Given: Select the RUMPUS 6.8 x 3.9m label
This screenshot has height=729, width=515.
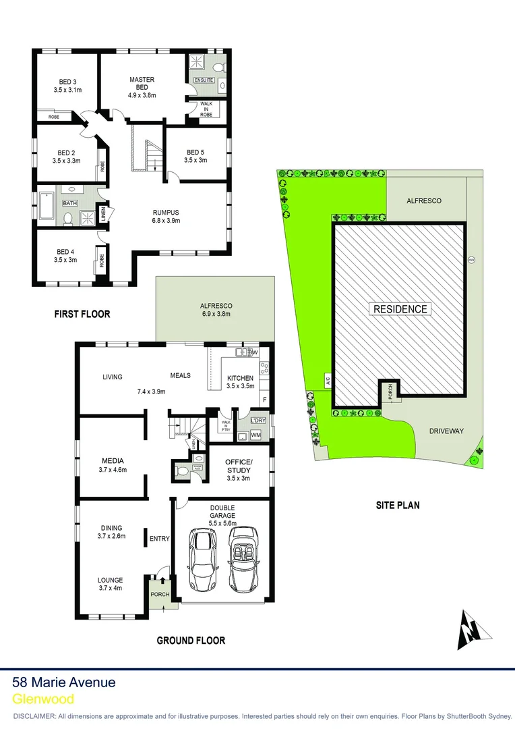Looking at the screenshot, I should [x=166, y=215].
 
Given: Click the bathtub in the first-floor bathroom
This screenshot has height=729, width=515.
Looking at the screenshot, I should [x=47, y=207].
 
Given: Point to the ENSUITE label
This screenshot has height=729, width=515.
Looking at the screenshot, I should [x=204, y=80].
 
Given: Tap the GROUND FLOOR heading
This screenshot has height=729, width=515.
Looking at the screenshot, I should [x=191, y=640].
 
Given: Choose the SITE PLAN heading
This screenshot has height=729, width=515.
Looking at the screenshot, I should [x=397, y=504].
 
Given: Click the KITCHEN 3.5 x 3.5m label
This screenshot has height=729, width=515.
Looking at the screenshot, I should [x=240, y=381].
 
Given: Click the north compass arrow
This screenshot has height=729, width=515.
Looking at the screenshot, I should [x=469, y=629].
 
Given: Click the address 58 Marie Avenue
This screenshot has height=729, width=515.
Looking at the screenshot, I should [x=64, y=682].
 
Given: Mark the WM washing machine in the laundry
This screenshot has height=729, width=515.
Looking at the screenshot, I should [x=255, y=435].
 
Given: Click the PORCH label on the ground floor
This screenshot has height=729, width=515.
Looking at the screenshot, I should [x=160, y=595].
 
